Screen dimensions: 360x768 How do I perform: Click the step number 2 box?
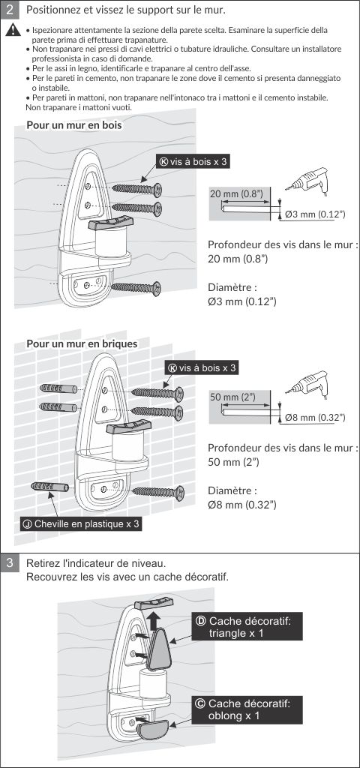point(9,9)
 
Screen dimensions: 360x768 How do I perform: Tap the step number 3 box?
point(9,564)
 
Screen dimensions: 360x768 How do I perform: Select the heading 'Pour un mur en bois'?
point(74,125)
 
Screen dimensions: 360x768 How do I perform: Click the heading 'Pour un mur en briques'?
point(82,343)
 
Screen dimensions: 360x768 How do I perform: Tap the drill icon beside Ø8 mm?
point(307,385)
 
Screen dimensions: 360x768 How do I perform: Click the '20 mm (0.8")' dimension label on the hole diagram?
point(236,193)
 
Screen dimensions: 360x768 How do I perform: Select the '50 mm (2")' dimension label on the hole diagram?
point(232,397)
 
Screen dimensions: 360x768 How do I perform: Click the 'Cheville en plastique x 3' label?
point(81,524)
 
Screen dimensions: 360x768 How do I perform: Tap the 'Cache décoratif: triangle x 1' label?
point(247,627)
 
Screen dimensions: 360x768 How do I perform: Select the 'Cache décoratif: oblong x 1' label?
point(247,709)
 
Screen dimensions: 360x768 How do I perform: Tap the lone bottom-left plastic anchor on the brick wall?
point(49,487)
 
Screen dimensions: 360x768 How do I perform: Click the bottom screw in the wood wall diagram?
point(136,289)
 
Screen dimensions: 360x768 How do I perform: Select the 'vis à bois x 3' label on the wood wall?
point(193,162)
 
